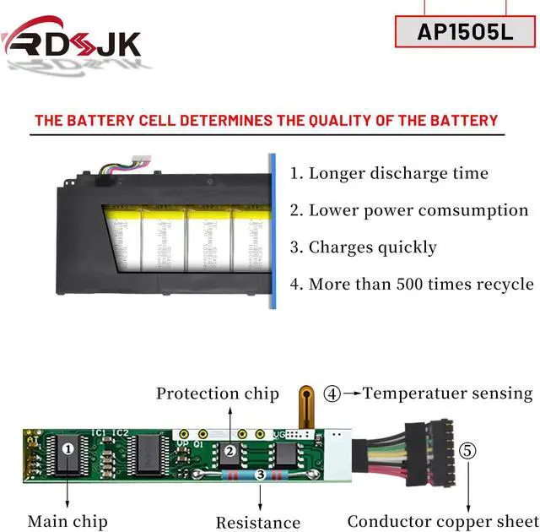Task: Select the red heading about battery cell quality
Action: click(266, 120)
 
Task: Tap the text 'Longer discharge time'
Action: click(389, 173)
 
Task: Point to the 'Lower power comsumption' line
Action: click(409, 210)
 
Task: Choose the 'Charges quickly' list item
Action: click(363, 247)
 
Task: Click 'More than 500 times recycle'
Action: click(412, 284)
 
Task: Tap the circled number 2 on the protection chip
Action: click(229, 451)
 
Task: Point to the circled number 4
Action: click(333, 393)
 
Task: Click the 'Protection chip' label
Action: click(218, 394)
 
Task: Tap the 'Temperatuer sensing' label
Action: click(448, 393)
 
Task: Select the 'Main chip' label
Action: click(67, 521)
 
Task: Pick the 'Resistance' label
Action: click(258, 523)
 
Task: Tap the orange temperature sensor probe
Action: click(307, 405)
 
